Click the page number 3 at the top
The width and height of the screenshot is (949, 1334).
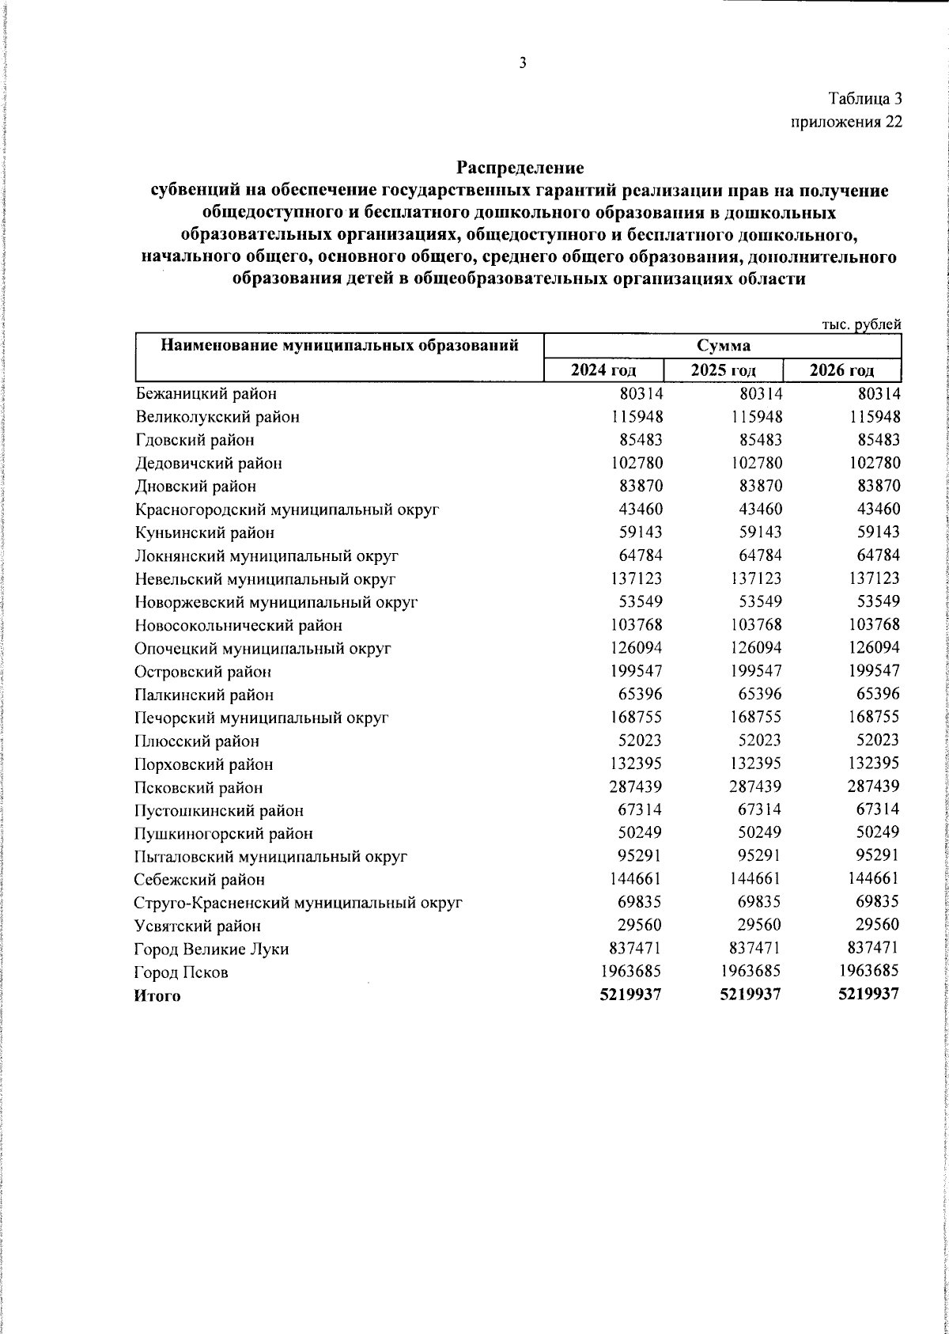(x=522, y=64)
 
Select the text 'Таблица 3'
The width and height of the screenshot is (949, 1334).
(x=864, y=99)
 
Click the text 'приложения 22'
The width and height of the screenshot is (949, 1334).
(x=846, y=122)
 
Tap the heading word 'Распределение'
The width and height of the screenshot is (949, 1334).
(x=520, y=168)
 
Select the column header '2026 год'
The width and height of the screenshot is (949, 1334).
(x=841, y=370)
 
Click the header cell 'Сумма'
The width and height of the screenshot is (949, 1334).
(x=723, y=346)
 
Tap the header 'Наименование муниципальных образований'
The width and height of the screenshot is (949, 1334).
(x=339, y=345)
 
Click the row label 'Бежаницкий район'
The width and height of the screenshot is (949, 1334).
(x=206, y=393)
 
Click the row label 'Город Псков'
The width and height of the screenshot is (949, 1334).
(x=182, y=972)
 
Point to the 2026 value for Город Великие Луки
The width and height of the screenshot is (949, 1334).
(x=868, y=949)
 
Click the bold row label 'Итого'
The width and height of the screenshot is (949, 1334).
(x=157, y=995)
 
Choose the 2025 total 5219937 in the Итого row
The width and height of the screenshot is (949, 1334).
(x=750, y=995)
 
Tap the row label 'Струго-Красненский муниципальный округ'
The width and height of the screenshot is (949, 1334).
(x=298, y=903)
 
